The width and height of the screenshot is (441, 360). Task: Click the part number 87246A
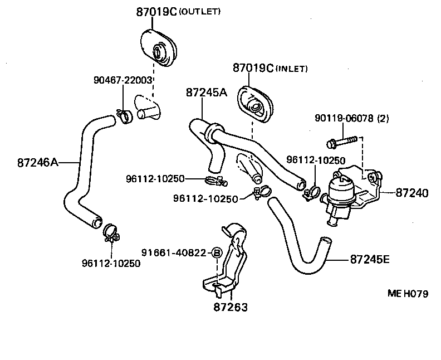[37, 162]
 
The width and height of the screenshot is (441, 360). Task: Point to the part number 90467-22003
[122, 80]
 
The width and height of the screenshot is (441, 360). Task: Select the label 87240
[412, 193]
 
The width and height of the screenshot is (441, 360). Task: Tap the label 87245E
[370, 259]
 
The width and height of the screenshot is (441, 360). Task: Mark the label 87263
[230, 307]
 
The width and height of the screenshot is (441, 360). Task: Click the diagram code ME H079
[408, 294]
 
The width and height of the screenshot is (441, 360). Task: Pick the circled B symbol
[218, 253]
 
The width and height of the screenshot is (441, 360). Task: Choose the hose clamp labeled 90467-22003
[124, 115]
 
